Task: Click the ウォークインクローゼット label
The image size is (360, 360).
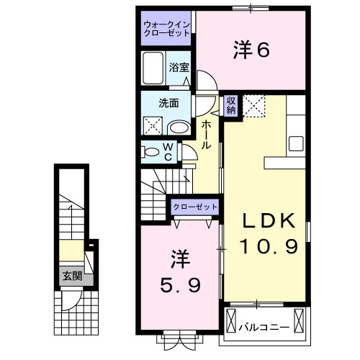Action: tap(166, 29)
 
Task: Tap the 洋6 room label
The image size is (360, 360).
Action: tap(251, 50)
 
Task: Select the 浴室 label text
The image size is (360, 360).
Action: tap(179, 67)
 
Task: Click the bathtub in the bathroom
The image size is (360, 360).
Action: tap(153, 69)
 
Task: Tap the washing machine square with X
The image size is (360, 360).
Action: tap(153, 127)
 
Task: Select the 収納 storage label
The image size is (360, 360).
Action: tap(231, 106)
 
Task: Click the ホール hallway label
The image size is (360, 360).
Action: tap(206, 134)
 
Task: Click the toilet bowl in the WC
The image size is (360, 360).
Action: tap(152, 152)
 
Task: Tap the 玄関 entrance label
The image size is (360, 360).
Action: tap(70, 275)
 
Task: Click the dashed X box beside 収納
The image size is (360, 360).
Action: tap(253, 106)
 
